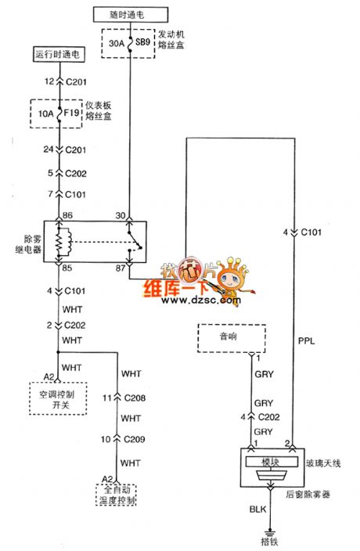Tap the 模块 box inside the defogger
268,463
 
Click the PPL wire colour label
308,340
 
